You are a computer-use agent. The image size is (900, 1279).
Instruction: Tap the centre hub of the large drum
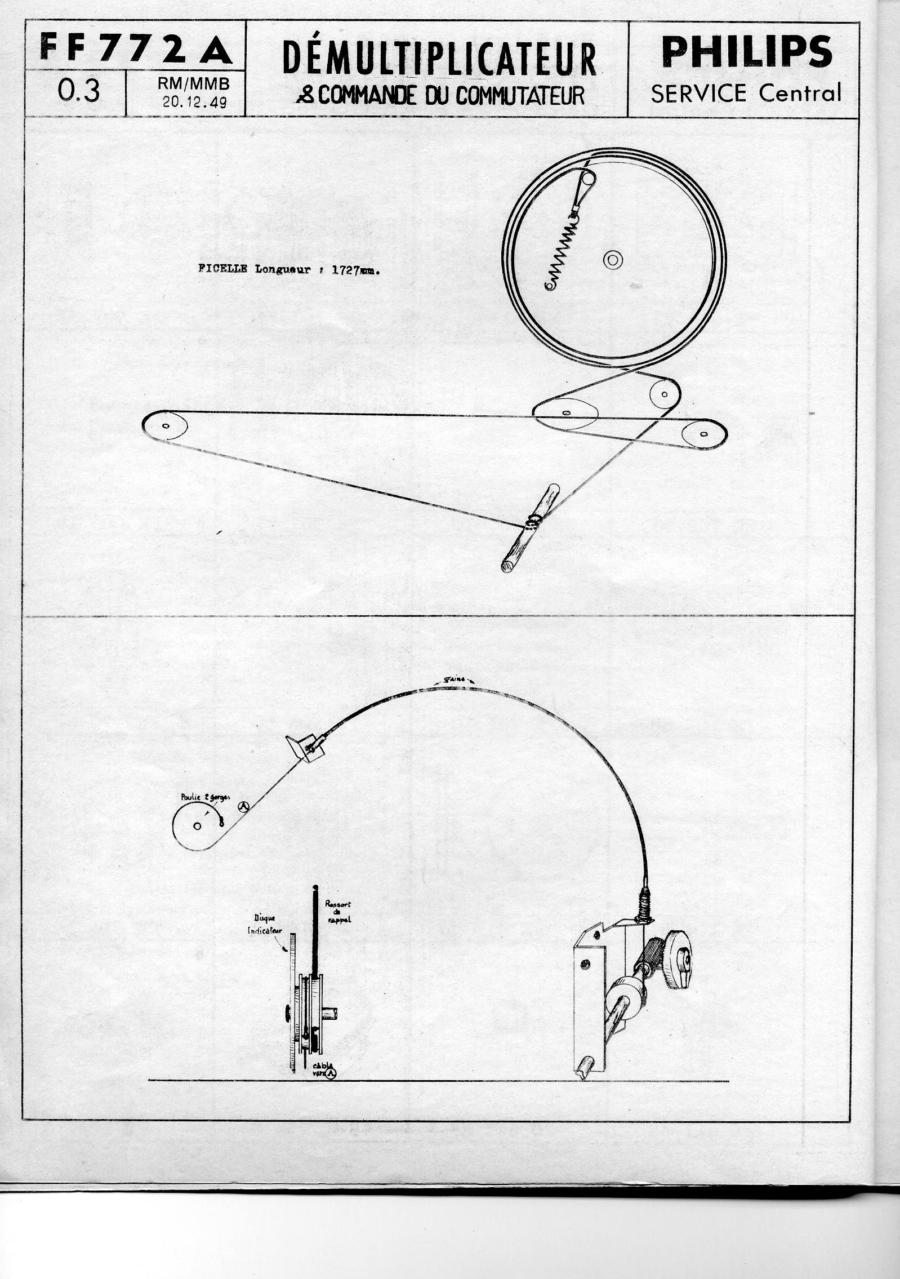click(613, 259)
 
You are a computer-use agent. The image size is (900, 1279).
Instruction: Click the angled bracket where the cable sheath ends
click(305, 749)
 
